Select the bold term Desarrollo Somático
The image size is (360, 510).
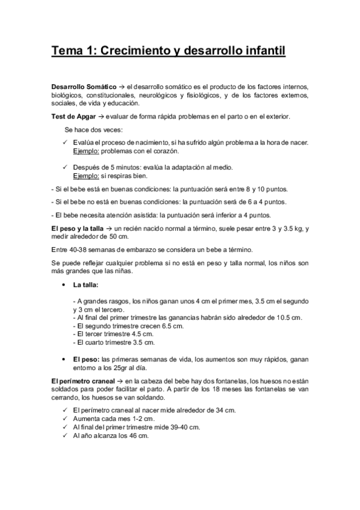click(x=83, y=87)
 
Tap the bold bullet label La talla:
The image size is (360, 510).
click(x=86, y=284)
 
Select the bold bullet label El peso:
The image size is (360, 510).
click(x=86, y=360)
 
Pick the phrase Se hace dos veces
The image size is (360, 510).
click(x=93, y=130)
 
